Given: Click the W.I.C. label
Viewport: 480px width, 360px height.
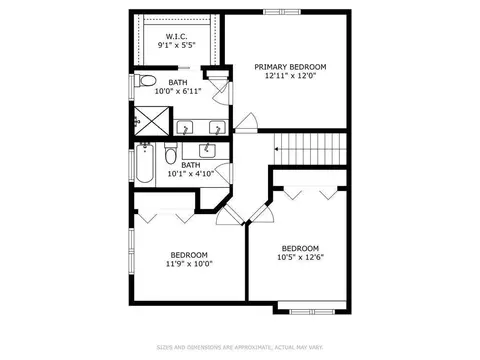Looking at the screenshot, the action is pos(176,36).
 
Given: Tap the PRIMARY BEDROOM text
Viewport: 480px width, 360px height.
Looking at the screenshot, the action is pos(290,67).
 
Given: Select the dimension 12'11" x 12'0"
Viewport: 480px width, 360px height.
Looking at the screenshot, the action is pos(290,76).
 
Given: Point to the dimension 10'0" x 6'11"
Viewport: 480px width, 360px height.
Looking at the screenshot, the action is pos(178,91).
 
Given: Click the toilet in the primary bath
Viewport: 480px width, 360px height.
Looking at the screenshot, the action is pos(146,81).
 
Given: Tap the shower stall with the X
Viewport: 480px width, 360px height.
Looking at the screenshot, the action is pos(152,121).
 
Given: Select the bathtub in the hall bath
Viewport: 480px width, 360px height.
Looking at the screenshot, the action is pos(145,163).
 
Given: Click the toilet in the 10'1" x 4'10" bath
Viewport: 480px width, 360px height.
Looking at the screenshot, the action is pos(171,153).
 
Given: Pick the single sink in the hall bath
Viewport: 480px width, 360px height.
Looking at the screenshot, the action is pos(207,150).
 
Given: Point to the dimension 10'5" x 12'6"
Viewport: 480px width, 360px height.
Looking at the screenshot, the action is pos(301,257).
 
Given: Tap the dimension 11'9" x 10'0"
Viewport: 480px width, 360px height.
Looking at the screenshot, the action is pos(189,264).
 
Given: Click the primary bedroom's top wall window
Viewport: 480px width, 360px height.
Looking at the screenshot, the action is pos(282,12).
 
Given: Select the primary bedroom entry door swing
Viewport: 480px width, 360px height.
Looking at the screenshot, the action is pos(247,123).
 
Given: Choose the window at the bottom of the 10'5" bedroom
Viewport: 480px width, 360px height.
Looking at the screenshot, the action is pos(312,312).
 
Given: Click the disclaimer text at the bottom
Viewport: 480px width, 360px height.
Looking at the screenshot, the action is pos(240,348).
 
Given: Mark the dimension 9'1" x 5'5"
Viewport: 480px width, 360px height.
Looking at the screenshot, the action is pos(176,45).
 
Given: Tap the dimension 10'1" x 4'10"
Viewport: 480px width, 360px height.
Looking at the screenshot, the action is pos(191,174).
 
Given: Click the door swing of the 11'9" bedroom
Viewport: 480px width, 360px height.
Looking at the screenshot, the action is pos(230,215).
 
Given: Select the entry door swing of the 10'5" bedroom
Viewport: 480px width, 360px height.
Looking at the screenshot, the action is pos(262,213).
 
